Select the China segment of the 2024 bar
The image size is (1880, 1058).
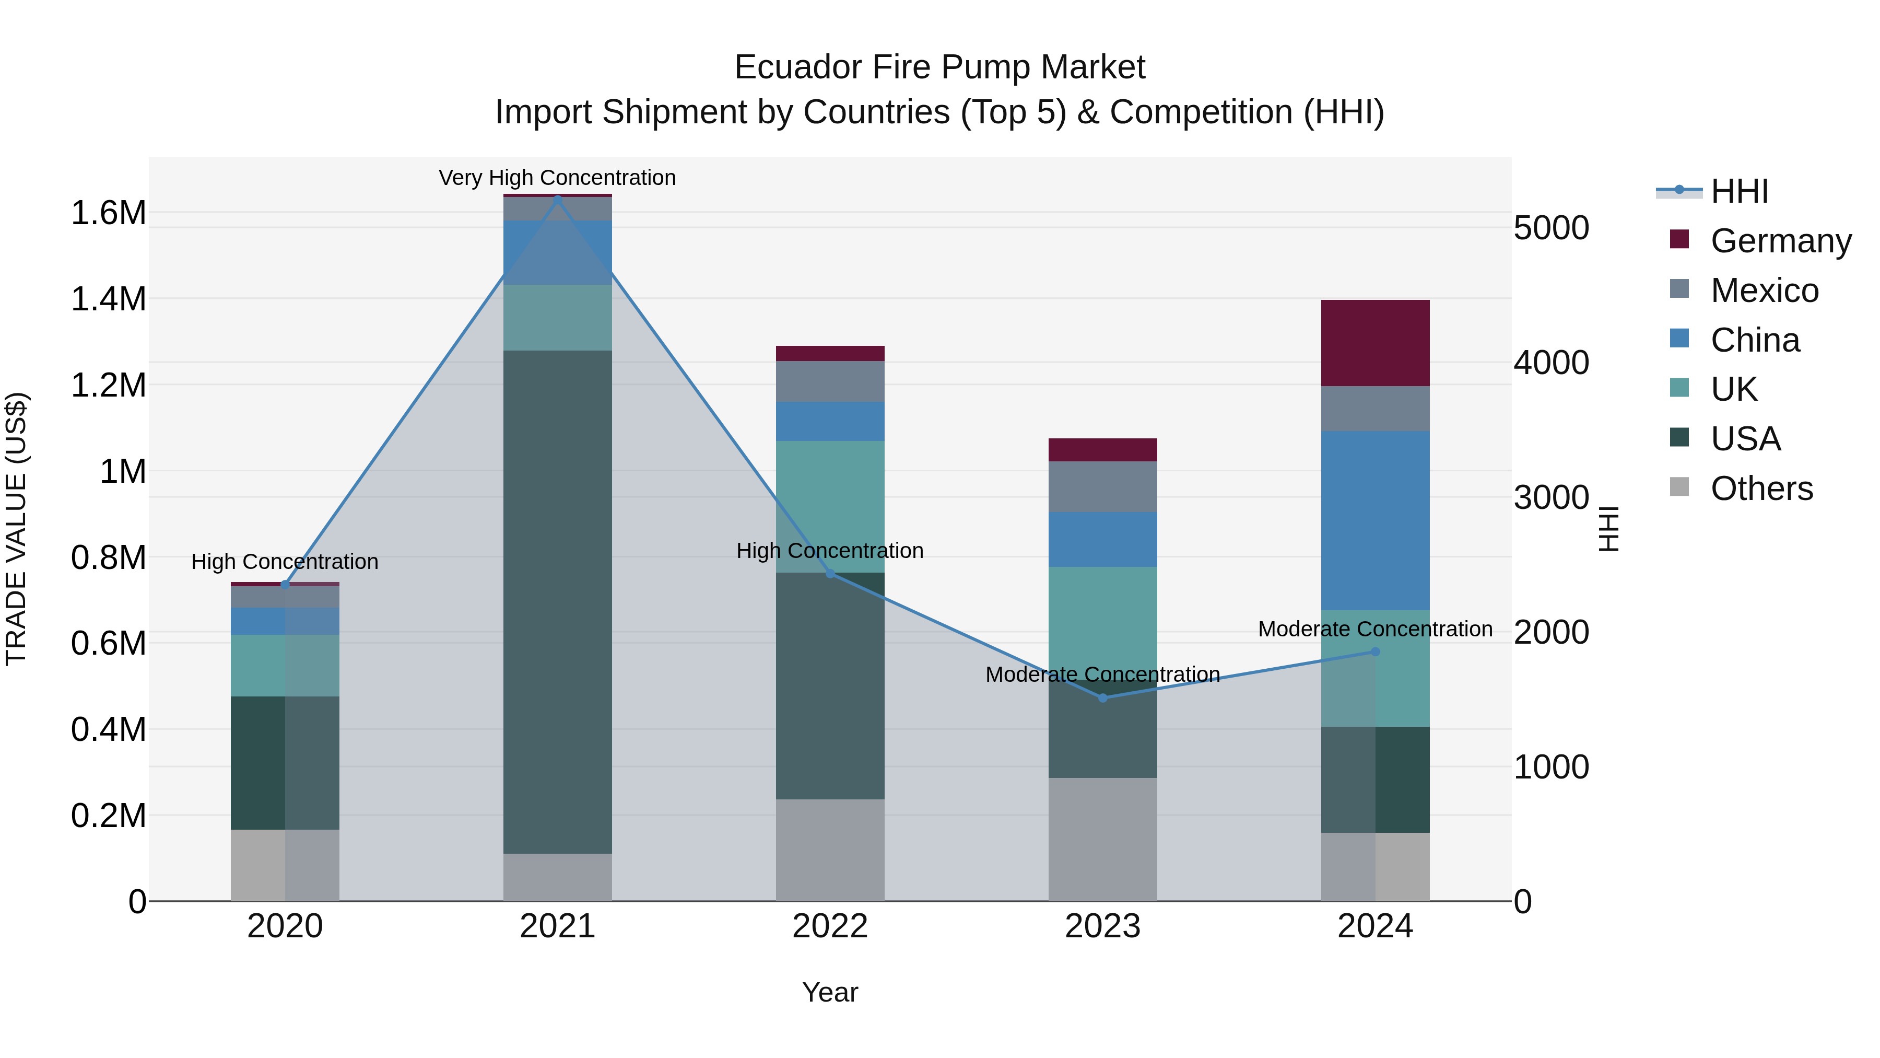(x=1375, y=520)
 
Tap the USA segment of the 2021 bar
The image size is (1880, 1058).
(x=558, y=602)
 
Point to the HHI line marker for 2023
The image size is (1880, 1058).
(x=1103, y=698)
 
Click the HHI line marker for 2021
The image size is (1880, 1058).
(x=558, y=200)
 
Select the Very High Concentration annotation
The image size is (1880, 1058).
(x=558, y=178)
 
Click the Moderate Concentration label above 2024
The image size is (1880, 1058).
(x=1375, y=629)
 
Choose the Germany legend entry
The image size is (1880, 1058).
(x=1781, y=240)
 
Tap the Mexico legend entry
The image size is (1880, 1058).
(x=1764, y=290)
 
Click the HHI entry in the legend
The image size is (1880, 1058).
(x=1739, y=191)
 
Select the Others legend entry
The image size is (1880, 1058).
(x=1761, y=488)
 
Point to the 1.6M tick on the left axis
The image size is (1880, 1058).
(x=108, y=213)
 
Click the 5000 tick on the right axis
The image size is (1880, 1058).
(x=1551, y=228)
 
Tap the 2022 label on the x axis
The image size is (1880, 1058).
(x=830, y=926)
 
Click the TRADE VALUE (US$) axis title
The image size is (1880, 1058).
(x=17, y=529)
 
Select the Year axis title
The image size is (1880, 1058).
(x=830, y=992)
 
